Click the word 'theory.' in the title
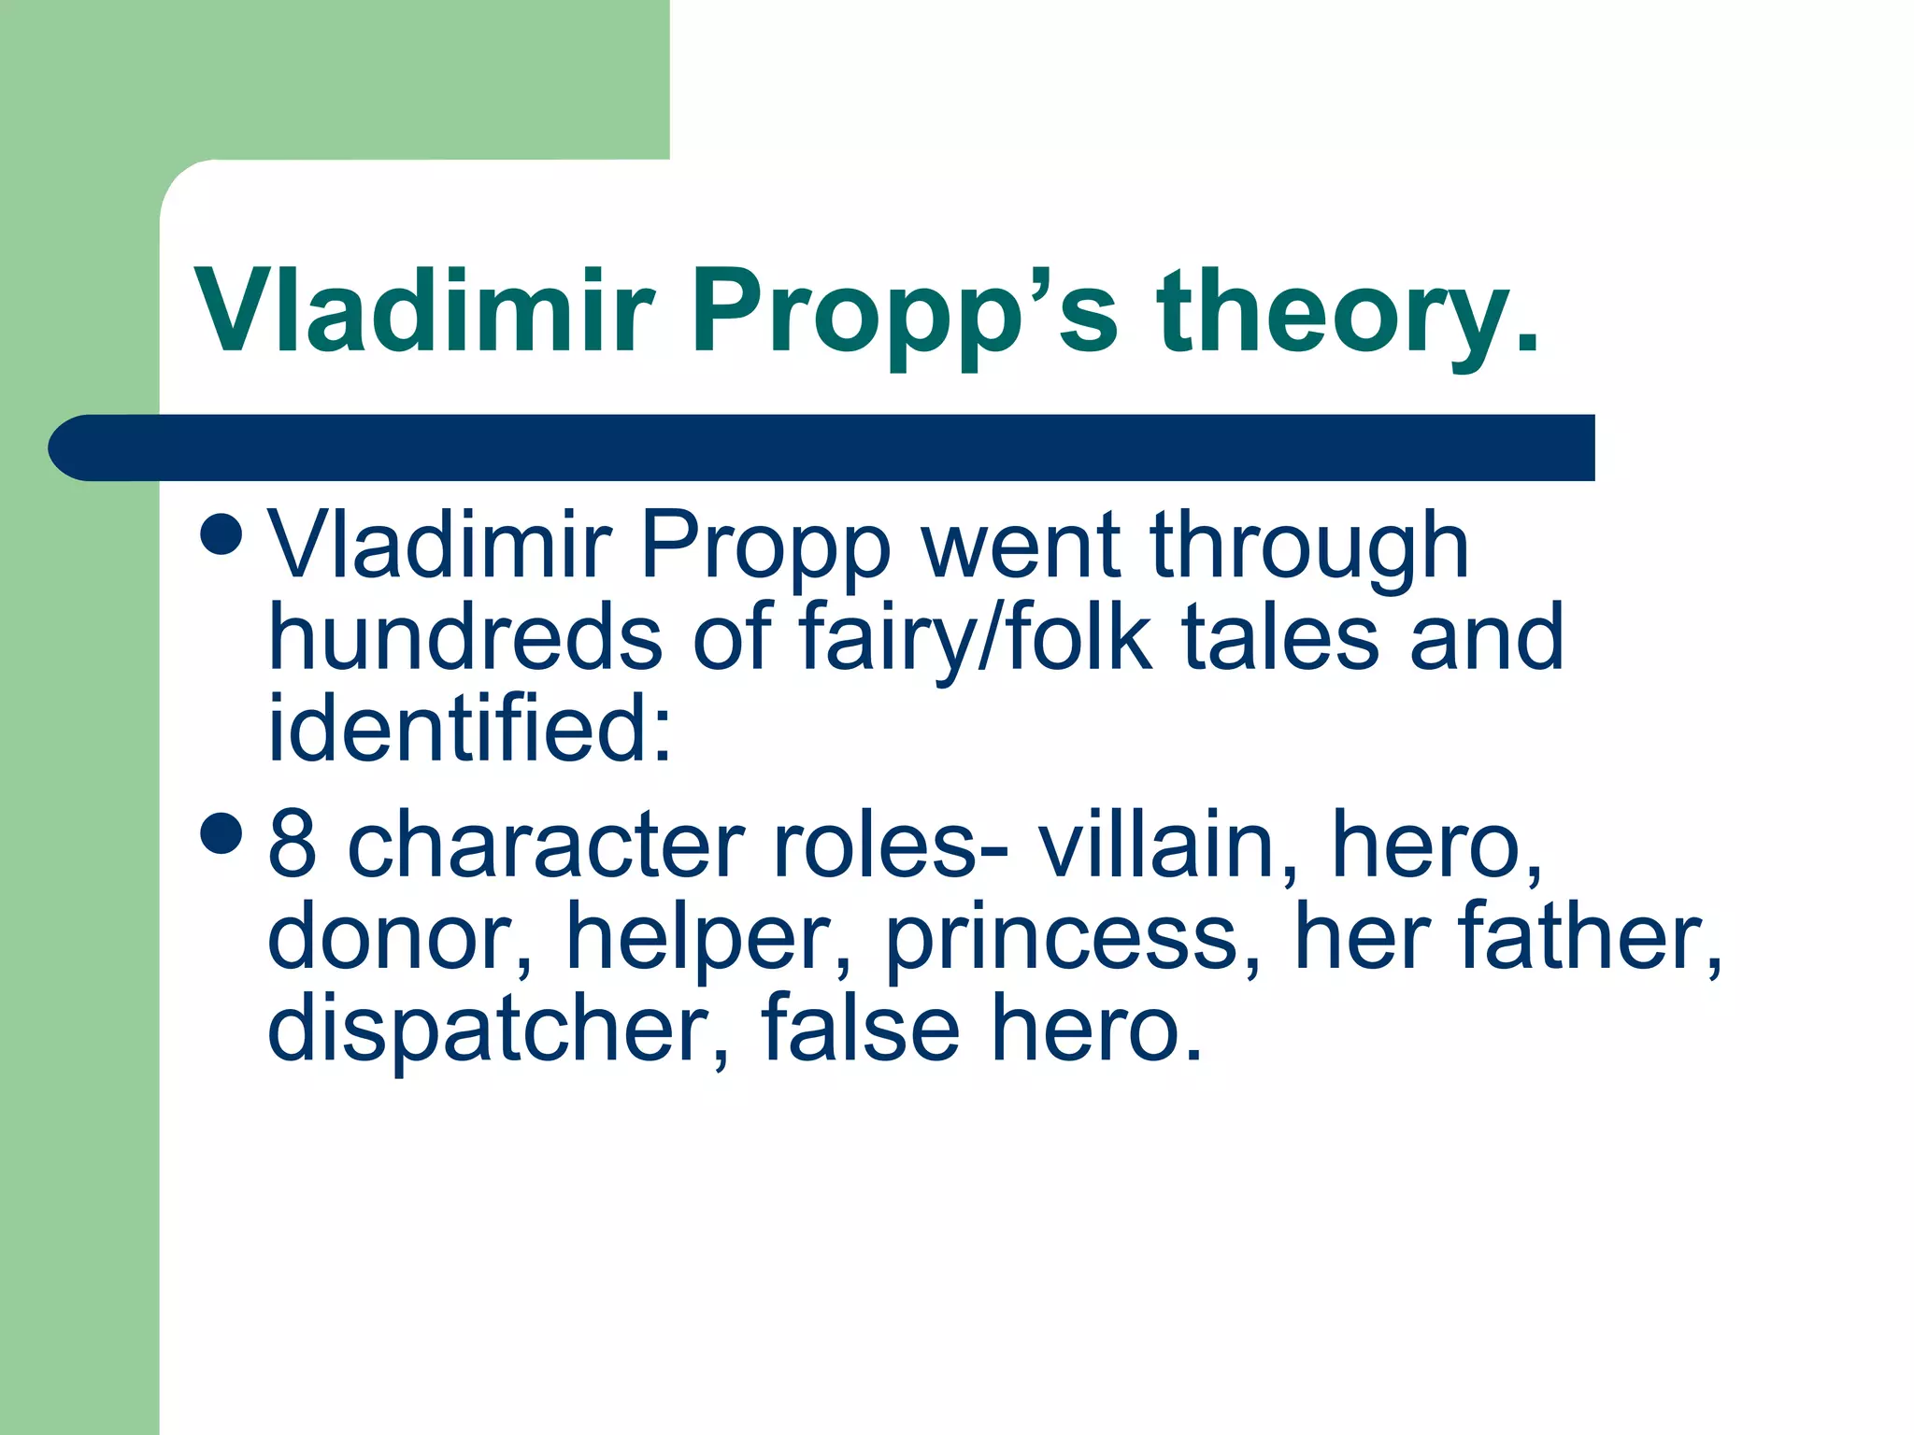coord(1348,313)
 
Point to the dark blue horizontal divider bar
coord(822,448)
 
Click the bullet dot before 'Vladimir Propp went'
coord(222,534)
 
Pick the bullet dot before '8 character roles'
coord(222,832)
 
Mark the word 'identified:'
coord(470,728)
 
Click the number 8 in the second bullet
coord(292,845)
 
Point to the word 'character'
coord(546,845)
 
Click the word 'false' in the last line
coord(860,1027)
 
